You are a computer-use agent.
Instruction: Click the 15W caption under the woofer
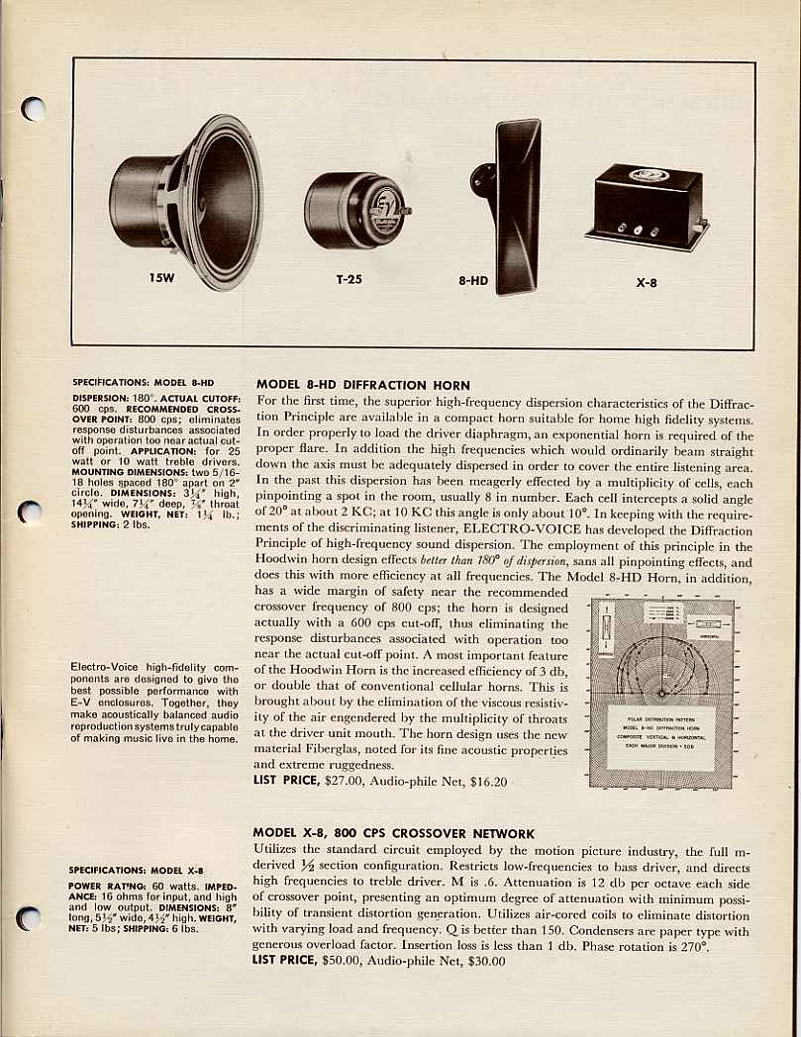(x=161, y=278)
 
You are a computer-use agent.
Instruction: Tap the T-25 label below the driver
(x=349, y=279)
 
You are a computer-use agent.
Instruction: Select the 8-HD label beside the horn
(x=473, y=280)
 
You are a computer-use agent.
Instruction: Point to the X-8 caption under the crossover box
(x=646, y=281)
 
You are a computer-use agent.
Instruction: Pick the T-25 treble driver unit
(x=354, y=210)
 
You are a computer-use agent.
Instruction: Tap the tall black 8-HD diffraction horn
(x=516, y=205)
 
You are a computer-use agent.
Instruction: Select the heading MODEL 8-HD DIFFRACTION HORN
(x=362, y=385)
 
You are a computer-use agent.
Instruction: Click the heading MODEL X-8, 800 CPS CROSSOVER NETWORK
(x=393, y=834)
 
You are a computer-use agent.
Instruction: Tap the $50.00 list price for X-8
(x=349, y=961)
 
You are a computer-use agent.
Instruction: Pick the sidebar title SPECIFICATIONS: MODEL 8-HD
(x=143, y=382)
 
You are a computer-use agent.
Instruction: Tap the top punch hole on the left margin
(x=34, y=108)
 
